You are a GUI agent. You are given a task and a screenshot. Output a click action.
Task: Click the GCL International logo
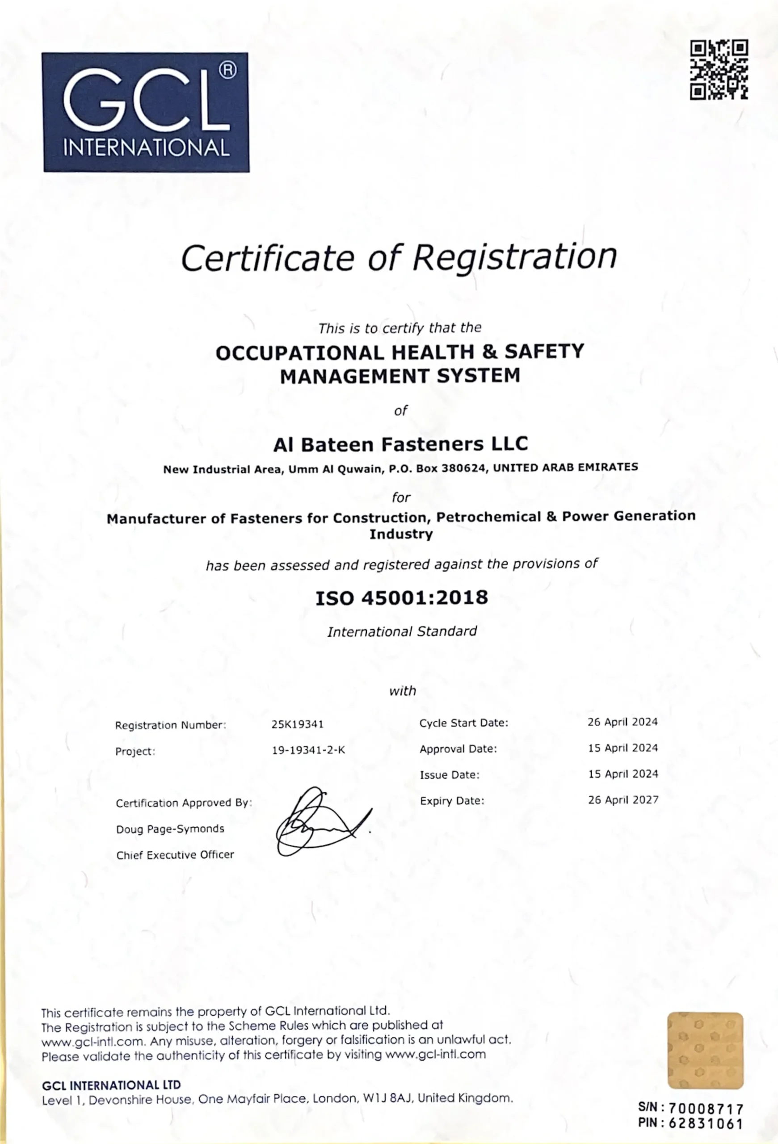(146, 112)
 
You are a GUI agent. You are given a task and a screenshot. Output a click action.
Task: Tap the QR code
(719, 70)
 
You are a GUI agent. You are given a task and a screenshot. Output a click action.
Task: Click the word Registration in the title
(514, 257)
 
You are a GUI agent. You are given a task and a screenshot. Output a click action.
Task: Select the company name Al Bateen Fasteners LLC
(400, 445)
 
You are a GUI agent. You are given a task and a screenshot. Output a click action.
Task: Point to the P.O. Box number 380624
(463, 468)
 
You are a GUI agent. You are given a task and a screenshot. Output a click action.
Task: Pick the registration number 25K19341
(297, 724)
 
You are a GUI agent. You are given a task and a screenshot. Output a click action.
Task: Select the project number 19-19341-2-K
(308, 751)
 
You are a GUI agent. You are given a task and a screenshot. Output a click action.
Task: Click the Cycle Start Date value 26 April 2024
(622, 722)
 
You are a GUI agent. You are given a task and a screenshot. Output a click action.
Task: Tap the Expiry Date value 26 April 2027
(623, 800)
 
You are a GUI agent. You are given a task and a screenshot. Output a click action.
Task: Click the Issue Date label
(449, 775)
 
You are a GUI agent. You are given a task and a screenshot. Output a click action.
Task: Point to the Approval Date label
(458, 749)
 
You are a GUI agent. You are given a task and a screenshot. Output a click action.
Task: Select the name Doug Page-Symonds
(170, 829)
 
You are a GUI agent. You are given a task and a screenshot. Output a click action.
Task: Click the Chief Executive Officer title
(175, 855)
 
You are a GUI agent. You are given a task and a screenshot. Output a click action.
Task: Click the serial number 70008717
(706, 1109)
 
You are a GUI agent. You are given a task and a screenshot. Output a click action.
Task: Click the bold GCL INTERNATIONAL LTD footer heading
(111, 1085)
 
